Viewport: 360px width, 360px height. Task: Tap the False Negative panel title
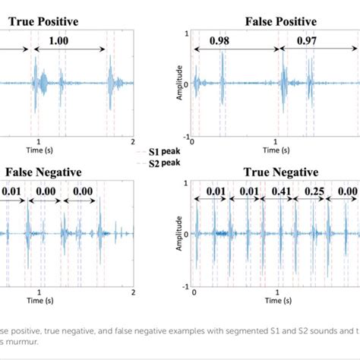click(x=43, y=172)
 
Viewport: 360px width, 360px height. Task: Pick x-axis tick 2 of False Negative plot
click(x=134, y=292)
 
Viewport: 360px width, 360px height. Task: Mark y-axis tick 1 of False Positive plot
click(x=185, y=32)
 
